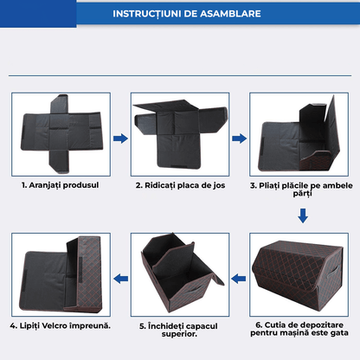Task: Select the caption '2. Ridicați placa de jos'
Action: [180, 183]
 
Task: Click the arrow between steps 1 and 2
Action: [121, 137]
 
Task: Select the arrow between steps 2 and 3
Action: [239, 137]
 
